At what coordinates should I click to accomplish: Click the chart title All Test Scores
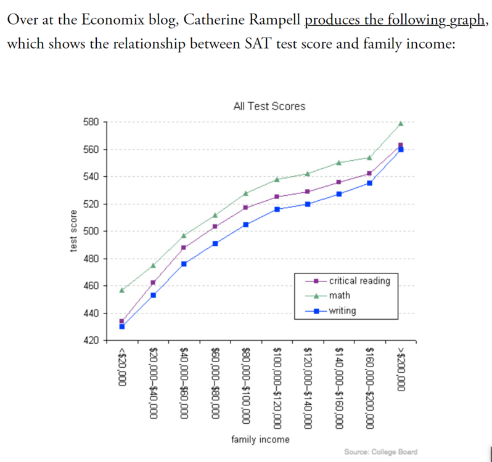coord(269,106)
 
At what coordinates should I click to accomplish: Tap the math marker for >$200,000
coord(401,123)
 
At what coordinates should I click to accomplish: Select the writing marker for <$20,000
coord(122,326)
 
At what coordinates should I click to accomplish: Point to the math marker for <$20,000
coord(122,290)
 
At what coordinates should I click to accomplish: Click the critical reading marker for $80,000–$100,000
coord(246,208)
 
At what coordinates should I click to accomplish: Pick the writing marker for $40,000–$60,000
coord(184,264)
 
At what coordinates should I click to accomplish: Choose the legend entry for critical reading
coord(351,280)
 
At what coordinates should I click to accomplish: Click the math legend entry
coord(339,296)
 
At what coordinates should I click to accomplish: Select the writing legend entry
coord(342,311)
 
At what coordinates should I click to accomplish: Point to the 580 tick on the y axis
coord(91,122)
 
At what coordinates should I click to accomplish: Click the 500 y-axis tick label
coord(91,232)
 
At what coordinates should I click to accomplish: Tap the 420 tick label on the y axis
coord(91,341)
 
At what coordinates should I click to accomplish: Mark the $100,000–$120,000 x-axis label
coord(277,387)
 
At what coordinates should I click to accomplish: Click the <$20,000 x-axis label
coord(122,367)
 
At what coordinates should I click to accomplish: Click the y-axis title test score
coord(73,231)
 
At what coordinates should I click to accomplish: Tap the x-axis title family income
coord(260,439)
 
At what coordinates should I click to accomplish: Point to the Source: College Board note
coord(380,452)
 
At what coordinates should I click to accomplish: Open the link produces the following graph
coord(395,19)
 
